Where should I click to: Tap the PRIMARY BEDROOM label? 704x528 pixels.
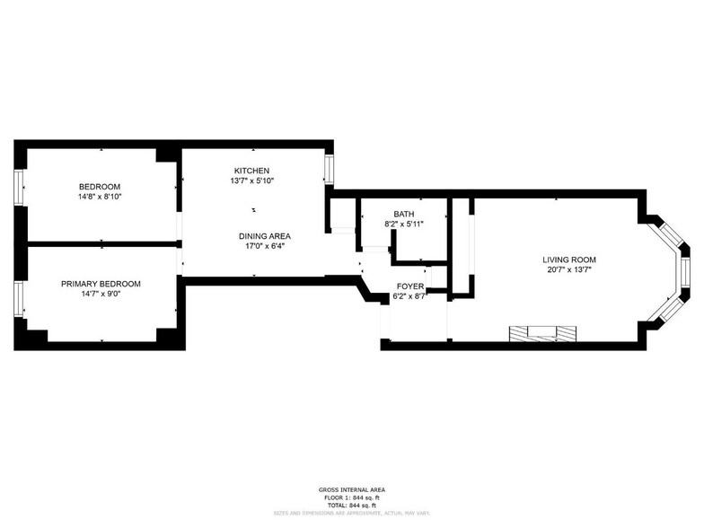click(101, 284)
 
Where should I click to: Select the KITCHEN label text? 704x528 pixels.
click(251, 171)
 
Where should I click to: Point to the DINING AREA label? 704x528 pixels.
click(264, 236)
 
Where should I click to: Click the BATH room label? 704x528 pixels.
click(403, 214)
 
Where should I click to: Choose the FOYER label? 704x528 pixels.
click(409, 286)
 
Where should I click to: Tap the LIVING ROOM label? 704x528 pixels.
click(571, 260)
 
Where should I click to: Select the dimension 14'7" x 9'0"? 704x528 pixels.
click(101, 294)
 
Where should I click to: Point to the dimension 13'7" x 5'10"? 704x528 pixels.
click(251, 180)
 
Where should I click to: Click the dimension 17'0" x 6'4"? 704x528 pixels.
click(264, 246)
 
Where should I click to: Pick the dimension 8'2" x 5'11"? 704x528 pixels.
click(403, 224)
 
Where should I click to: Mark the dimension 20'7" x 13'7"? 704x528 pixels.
click(571, 269)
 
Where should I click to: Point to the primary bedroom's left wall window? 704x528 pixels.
click(20, 299)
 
